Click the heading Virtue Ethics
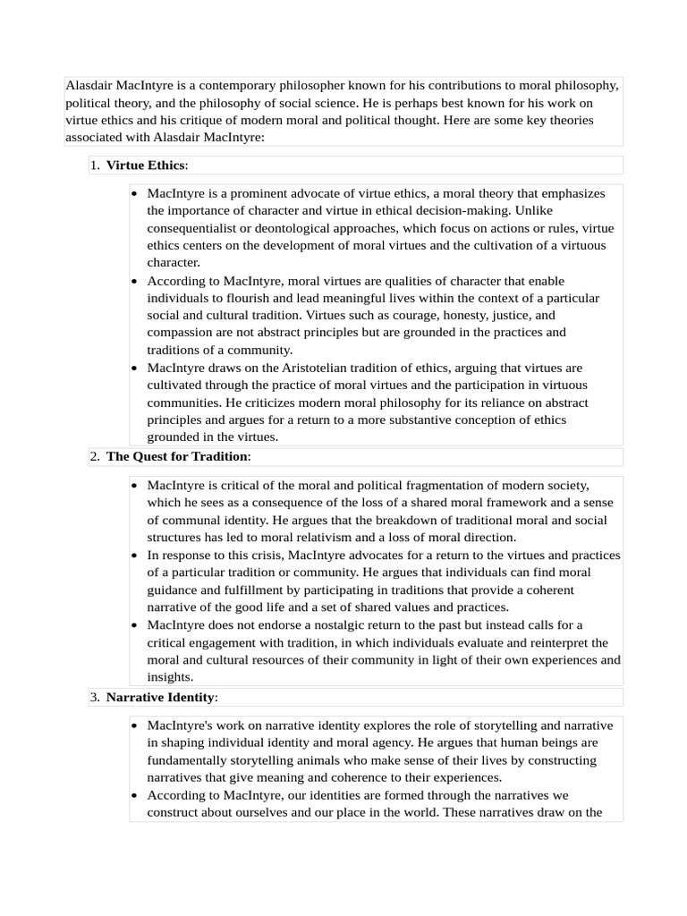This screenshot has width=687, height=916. click(146, 165)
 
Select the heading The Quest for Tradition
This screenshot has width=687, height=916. click(177, 457)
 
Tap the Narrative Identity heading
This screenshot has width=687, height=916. click(160, 698)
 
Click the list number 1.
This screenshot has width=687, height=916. click(94, 165)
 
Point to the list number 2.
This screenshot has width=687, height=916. click(94, 457)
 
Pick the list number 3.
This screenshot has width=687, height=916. click(94, 698)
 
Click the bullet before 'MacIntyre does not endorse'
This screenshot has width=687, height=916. click(134, 625)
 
